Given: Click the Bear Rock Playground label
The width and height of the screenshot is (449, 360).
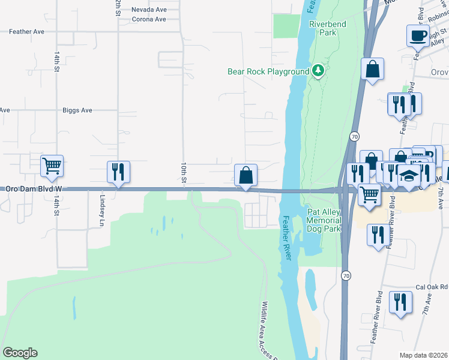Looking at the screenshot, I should [268, 71].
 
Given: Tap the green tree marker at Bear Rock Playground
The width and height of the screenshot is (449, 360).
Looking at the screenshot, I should [318, 71].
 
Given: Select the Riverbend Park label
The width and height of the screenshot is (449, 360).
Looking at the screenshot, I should [323, 28].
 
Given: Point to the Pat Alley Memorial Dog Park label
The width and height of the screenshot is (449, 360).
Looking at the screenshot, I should [324, 220].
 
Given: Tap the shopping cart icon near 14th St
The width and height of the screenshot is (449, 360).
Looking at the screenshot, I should [52, 166].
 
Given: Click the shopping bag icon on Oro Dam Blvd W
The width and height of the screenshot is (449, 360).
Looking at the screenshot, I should [246, 175].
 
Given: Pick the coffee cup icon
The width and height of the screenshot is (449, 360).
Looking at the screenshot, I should [418, 35].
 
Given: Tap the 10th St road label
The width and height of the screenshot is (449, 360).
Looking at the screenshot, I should [184, 172].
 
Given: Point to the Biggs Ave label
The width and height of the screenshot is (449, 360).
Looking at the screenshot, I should [77, 110].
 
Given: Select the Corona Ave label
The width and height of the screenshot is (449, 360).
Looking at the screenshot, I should [148, 19].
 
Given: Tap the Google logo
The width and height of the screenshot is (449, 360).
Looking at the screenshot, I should [20, 353].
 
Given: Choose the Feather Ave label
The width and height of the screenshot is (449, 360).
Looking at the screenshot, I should [26, 31].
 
